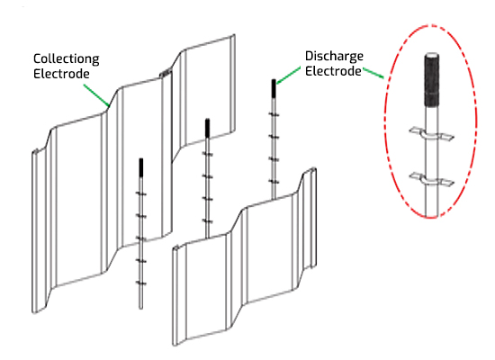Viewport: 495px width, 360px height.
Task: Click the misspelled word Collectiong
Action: tap(67, 59)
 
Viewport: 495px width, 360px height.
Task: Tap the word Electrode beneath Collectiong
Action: tap(61, 74)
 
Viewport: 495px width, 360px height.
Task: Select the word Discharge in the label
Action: tap(334, 57)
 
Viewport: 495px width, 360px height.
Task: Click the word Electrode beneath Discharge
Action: tap(333, 71)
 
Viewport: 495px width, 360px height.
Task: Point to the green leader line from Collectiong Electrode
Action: tap(96, 94)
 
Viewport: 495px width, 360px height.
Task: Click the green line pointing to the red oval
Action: tap(373, 73)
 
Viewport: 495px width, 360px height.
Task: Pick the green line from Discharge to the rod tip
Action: tap(288, 76)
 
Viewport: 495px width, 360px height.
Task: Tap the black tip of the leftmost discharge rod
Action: tap(141, 167)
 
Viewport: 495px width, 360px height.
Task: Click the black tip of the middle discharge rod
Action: tap(207, 128)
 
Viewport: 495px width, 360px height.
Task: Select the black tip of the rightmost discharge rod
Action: tap(274, 88)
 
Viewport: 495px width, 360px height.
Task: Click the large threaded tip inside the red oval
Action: tap(431, 79)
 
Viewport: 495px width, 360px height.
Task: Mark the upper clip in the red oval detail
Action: tap(431, 134)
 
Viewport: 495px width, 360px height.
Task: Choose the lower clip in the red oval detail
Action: tap(431, 179)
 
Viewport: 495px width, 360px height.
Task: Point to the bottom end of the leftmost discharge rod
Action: tap(141, 309)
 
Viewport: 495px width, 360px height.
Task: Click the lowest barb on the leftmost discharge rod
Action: tap(141, 283)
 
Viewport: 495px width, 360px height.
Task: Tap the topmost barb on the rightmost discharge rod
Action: tap(274, 114)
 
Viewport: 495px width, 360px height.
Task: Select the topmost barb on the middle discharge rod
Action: tap(207, 154)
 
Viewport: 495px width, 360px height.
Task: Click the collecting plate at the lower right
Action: tap(244, 256)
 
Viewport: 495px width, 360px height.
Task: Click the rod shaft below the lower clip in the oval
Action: tap(431, 202)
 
